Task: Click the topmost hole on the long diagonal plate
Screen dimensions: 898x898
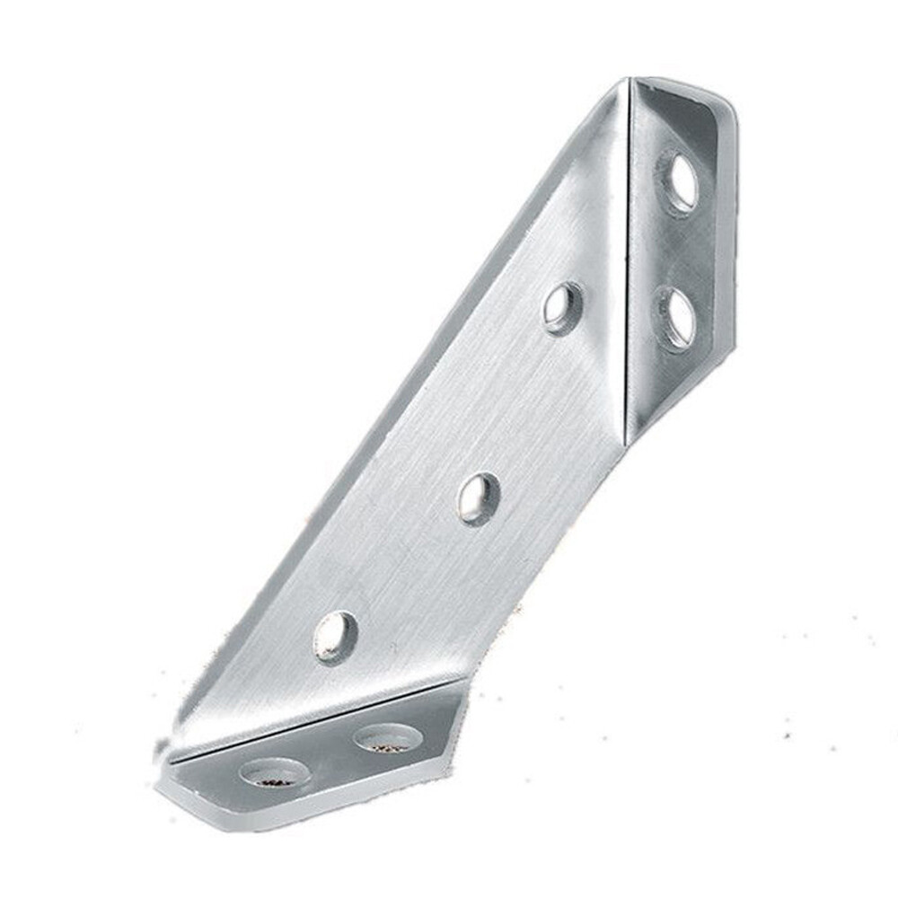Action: (x=563, y=308)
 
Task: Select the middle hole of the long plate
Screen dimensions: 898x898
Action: (x=479, y=498)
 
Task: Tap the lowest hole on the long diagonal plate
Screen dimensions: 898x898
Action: (x=335, y=637)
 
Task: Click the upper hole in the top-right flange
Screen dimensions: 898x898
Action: (x=681, y=182)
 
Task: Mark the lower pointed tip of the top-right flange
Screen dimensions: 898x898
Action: (x=632, y=440)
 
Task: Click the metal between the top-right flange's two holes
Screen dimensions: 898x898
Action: (x=678, y=251)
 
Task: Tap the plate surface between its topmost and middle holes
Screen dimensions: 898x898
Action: (x=521, y=403)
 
